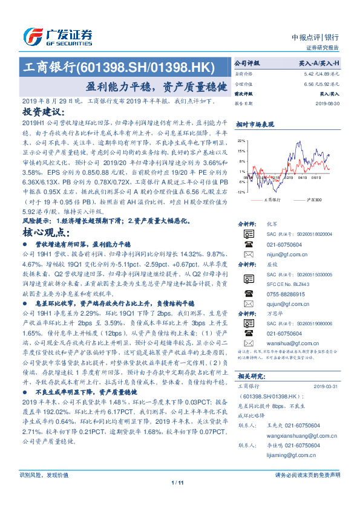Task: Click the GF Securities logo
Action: tap(58, 37)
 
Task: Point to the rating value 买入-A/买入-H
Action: tap(319, 63)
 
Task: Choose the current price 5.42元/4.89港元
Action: tap(320, 73)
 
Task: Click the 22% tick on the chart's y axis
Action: tap(241, 140)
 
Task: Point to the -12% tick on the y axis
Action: tap(240, 192)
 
